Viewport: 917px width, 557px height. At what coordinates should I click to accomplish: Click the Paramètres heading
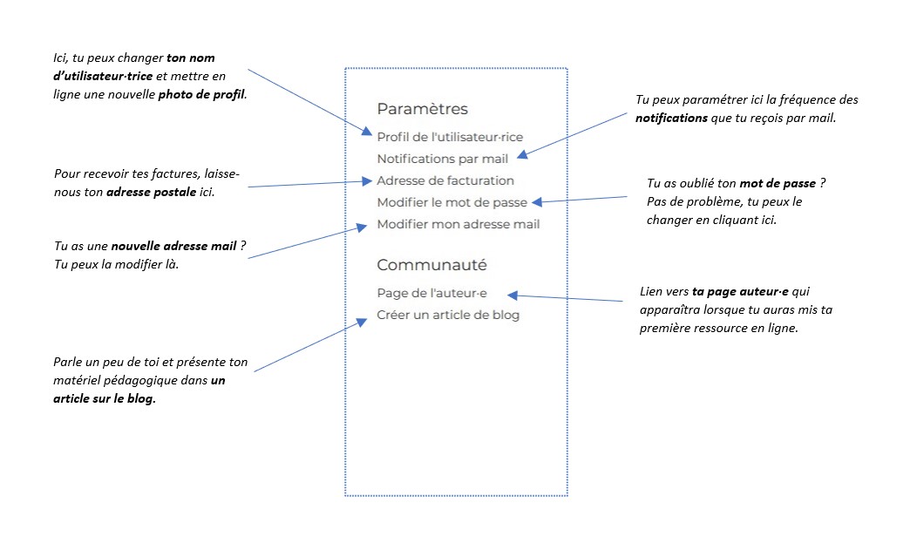click(x=422, y=109)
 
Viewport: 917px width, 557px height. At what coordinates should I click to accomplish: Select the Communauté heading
click(x=431, y=265)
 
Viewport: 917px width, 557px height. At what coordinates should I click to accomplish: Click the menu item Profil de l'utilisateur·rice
click(x=450, y=137)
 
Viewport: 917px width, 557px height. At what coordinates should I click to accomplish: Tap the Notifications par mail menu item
click(x=442, y=159)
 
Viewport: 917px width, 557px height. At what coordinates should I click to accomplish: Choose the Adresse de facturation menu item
click(x=445, y=180)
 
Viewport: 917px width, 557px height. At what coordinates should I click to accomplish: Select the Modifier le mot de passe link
click(x=452, y=202)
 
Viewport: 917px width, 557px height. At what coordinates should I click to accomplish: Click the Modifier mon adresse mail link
click(x=458, y=224)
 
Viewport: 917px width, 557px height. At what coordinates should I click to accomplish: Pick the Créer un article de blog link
click(x=448, y=315)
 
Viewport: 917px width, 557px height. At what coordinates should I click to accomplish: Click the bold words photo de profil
click(x=201, y=94)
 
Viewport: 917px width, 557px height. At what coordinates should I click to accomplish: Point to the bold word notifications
click(x=671, y=118)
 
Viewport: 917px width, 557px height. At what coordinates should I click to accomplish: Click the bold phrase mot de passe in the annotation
click(x=778, y=184)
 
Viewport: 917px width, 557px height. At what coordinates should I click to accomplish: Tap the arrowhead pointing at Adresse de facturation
click(x=368, y=181)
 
